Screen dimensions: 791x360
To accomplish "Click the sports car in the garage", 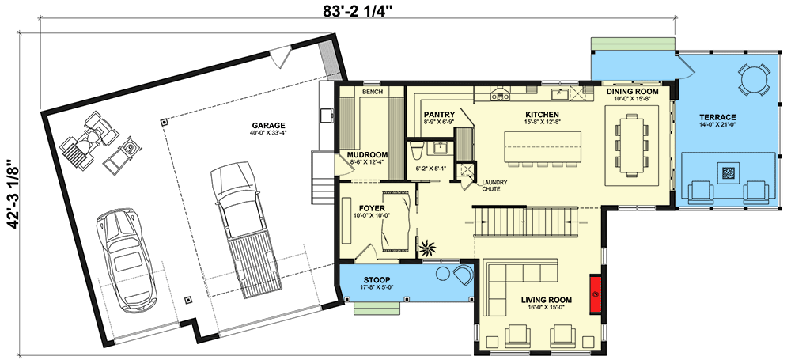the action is coord(126,260).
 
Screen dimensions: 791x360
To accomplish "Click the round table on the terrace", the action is coord(755,79).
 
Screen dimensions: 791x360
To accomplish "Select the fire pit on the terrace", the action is coord(728,173).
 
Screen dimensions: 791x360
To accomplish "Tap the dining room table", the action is coord(631,146).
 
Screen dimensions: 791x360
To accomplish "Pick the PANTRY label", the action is coord(439,115).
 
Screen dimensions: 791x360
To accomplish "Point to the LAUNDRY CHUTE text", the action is coord(494,185).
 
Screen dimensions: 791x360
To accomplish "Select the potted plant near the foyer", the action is coord(428,248).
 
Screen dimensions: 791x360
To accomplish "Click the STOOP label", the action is coord(377,280).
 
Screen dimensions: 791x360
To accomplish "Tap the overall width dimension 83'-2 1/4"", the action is coord(358,10).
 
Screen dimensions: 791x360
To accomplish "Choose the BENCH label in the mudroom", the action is coord(373,92).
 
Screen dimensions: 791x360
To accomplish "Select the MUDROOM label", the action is coord(367,154).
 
